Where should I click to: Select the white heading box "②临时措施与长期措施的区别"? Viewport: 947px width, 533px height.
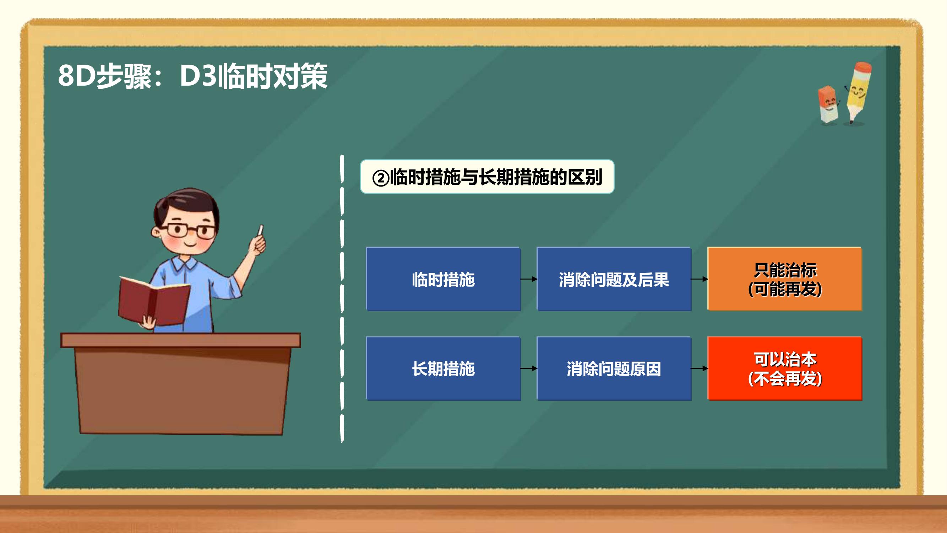pyautogui.click(x=487, y=177)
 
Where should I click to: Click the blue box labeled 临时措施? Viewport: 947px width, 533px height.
pyautogui.click(x=443, y=279)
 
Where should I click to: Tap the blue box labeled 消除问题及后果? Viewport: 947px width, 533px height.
pyautogui.click(x=614, y=279)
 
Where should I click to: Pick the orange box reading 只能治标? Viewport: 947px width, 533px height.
pyautogui.click(x=784, y=279)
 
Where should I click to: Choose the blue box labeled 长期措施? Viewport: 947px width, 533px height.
pyautogui.click(x=443, y=368)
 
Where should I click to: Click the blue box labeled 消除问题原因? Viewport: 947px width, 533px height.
pyautogui.click(x=614, y=368)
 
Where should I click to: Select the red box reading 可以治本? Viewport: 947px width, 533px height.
pyautogui.click(x=784, y=368)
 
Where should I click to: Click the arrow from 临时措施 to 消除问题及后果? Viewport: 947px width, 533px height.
pyautogui.click(x=529, y=279)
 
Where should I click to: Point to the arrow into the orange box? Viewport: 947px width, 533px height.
pyautogui.click(x=699, y=279)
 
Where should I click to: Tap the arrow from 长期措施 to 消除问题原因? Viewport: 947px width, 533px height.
pyautogui.click(x=529, y=368)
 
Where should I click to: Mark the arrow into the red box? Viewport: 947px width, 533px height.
pyautogui.click(x=699, y=368)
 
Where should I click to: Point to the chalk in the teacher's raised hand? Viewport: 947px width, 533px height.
pyautogui.click(x=261, y=230)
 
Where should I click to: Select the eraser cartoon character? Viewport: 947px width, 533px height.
pyautogui.click(x=828, y=104)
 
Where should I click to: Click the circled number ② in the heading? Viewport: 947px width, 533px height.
pyautogui.click(x=381, y=178)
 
